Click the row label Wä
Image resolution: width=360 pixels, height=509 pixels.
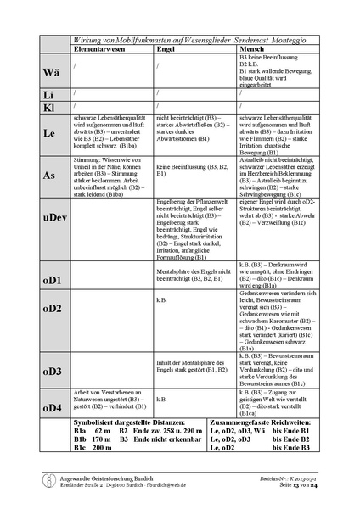(x=50, y=72)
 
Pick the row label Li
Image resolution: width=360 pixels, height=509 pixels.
(x=50, y=94)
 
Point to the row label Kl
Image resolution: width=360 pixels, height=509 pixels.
(x=50, y=106)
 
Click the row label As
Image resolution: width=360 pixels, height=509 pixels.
(x=50, y=175)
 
